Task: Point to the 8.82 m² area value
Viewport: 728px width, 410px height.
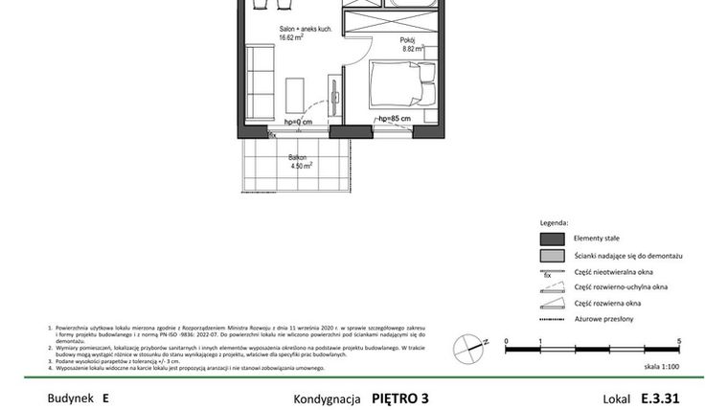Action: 413,48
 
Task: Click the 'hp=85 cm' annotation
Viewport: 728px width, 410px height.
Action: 395,119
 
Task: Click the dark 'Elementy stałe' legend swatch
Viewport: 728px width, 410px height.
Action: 552,239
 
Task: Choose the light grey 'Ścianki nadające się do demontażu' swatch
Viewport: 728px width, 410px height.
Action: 552,257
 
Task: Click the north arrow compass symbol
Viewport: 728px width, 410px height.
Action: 468,341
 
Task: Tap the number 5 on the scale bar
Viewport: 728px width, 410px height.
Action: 678,341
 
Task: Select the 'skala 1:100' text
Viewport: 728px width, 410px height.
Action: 661,366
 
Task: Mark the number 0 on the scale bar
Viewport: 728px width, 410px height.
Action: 506,341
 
